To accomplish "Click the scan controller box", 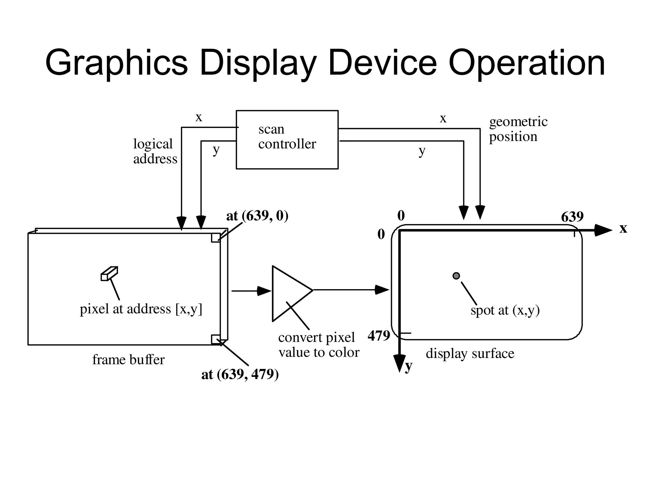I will pos(287,140).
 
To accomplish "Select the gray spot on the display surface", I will pos(456,276).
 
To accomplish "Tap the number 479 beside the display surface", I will pos(379,335).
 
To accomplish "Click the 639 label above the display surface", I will pos(572,217).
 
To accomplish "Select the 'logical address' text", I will pos(155,151).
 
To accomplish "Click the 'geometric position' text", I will pos(518,129).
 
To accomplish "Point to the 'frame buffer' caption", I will pos(128,360).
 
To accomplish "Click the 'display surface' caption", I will pos(470,353).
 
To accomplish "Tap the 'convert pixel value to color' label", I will pos(319,345).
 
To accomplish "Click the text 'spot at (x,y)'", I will pos(505,310).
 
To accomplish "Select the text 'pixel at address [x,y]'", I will pos(141,309).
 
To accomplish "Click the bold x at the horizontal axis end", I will pos(623,228).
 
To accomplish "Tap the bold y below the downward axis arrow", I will pos(408,366).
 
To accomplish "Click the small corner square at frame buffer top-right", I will pos(216,238).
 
